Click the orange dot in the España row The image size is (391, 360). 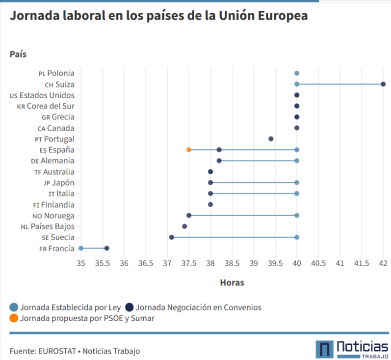click(x=189, y=150)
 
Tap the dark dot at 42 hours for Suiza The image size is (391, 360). click(x=383, y=84)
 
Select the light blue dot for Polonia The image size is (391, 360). click(x=297, y=73)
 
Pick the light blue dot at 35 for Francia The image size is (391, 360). click(x=81, y=249)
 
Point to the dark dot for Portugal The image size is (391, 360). click(x=271, y=139)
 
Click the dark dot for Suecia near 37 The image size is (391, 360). click(x=172, y=237)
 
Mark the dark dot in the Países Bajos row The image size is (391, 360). click(x=184, y=226)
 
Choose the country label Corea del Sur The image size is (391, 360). click(x=51, y=106)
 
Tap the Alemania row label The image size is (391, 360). click(x=56, y=161)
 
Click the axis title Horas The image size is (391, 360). click(x=232, y=282)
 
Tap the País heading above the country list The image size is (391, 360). click(x=18, y=54)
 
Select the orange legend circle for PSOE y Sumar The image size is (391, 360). click(x=14, y=318)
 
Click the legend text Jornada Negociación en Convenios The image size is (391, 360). click(x=198, y=307)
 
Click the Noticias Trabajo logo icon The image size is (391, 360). click(x=323, y=349)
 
